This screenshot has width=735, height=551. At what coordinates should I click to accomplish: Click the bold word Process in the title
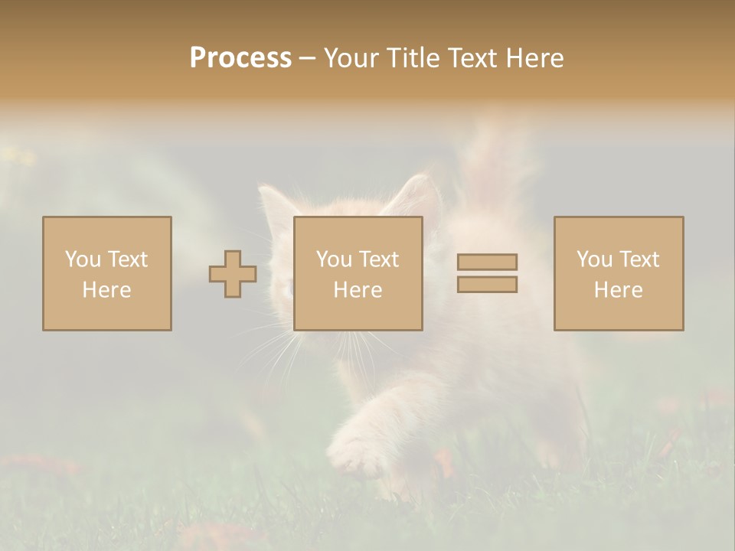click(x=240, y=58)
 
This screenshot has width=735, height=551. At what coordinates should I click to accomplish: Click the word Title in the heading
click(x=413, y=58)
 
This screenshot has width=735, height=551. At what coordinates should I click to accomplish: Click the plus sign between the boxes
click(x=233, y=274)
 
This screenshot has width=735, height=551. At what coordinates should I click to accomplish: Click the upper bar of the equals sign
click(x=487, y=262)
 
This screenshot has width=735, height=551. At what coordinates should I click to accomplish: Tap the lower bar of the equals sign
click(x=487, y=285)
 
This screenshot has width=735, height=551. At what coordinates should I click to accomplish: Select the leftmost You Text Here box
click(x=107, y=273)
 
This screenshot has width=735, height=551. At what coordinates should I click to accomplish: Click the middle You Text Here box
click(x=358, y=273)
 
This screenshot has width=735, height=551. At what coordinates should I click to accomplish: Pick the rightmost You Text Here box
click(x=619, y=273)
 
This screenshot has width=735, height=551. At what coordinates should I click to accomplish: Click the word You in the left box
click(x=83, y=259)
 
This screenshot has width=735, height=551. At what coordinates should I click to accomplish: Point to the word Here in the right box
click(x=619, y=290)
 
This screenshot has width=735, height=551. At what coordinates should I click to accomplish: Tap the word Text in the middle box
click(x=379, y=259)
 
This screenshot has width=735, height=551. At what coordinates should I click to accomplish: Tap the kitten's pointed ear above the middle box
click(x=417, y=196)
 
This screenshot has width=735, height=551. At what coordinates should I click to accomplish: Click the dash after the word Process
click(x=307, y=58)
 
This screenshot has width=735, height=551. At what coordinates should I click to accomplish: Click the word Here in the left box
click(x=107, y=290)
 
